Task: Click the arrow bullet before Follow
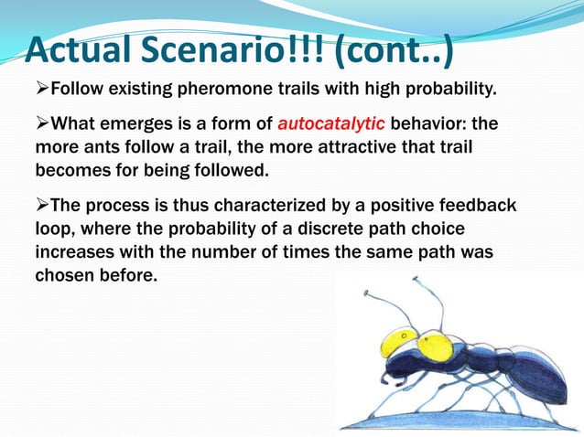(41, 90)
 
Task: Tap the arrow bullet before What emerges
(41, 123)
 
